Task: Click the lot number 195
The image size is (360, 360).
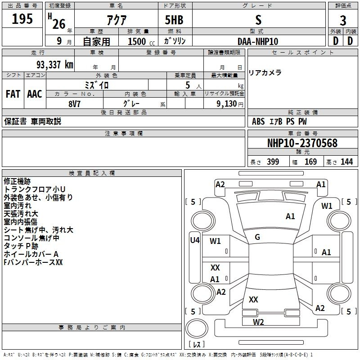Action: pyautogui.click(x=22, y=19)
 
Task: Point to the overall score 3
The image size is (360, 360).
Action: pyautogui.click(x=343, y=20)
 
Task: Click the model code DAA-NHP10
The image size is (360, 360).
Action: pyautogui.click(x=258, y=41)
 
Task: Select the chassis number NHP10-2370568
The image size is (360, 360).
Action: pyautogui.click(x=302, y=143)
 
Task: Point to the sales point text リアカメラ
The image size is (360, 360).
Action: pyautogui.click(x=265, y=72)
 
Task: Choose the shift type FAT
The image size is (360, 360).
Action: pyautogui.click(x=13, y=94)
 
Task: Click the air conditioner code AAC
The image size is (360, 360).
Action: pyautogui.click(x=35, y=94)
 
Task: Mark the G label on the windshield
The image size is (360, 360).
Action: pyautogui.click(x=257, y=237)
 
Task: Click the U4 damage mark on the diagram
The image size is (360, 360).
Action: pyautogui.click(x=194, y=240)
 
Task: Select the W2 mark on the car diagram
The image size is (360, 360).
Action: pyautogui.click(x=258, y=322)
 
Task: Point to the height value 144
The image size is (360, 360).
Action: pyautogui.click(x=346, y=162)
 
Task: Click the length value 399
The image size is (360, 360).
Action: pyautogui.click(x=273, y=162)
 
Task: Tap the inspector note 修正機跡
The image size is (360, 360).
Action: pyautogui.click(x=17, y=181)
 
